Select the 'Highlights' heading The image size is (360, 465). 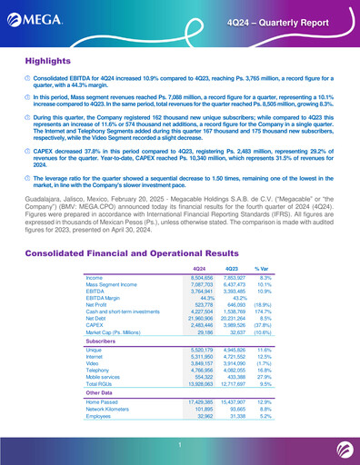[x=51, y=60]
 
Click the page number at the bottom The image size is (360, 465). [x=180, y=443]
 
